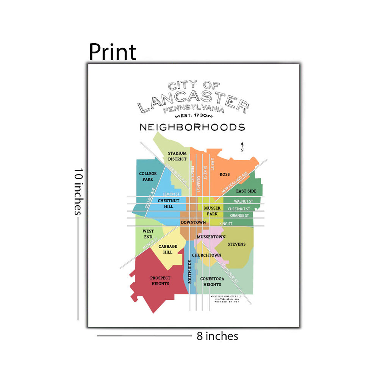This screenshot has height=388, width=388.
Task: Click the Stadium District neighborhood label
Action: (x=177, y=156)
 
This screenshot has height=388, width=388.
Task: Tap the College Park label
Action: (x=148, y=176)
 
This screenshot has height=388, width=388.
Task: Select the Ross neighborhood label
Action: (x=225, y=175)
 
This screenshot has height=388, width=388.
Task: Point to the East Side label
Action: (x=246, y=191)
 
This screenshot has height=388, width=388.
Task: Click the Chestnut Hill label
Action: (x=166, y=203)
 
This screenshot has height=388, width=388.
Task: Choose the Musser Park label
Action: (x=212, y=211)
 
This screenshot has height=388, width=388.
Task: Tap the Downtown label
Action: (x=193, y=222)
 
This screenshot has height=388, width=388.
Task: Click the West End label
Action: (x=148, y=234)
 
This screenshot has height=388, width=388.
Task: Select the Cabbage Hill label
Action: (x=168, y=249)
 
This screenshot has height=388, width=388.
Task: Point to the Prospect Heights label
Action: (x=160, y=281)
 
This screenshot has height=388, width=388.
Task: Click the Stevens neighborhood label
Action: (x=236, y=244)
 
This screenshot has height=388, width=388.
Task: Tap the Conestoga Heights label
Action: (x=212, y=282)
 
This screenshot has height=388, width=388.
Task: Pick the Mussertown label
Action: (x=211, y=237)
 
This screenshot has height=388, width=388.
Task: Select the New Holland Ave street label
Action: (x=235, y=182)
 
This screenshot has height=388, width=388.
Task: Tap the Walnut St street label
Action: (x=243, y=201)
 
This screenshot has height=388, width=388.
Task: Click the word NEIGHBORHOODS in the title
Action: (x=192, y=127)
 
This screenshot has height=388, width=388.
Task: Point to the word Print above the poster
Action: (x=113, y=52)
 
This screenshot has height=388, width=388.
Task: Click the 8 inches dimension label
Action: (x=217, y=336)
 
